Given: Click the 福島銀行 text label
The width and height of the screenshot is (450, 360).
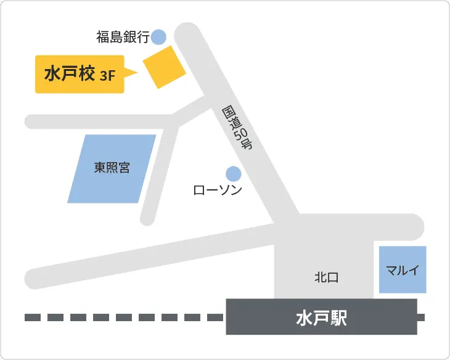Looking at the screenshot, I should pos(123,38).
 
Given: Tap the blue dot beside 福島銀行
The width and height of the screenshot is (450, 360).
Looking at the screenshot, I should pos(159,37).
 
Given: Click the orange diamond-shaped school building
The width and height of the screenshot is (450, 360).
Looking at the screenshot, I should pos(164,66).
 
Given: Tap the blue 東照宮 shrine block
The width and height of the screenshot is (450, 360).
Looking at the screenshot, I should pos(112,168).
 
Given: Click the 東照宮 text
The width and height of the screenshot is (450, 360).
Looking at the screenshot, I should pos(112,167).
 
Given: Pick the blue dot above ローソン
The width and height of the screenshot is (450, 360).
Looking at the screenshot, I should pos(233,173).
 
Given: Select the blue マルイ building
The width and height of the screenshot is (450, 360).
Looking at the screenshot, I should pos(402,269).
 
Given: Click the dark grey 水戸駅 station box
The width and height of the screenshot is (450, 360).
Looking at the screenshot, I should pos(321,317).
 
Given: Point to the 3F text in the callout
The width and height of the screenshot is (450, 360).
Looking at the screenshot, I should pos(108,76).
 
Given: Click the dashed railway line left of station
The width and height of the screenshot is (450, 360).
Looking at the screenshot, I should pos(123,317).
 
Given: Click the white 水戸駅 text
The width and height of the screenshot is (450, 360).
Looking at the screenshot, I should pos(321,317).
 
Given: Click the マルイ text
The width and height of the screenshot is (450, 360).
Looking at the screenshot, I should pos(402,270).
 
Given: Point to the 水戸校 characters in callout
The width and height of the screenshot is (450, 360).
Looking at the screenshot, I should pos(69,74).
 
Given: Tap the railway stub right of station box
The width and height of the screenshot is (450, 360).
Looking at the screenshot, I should pos(421,317).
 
